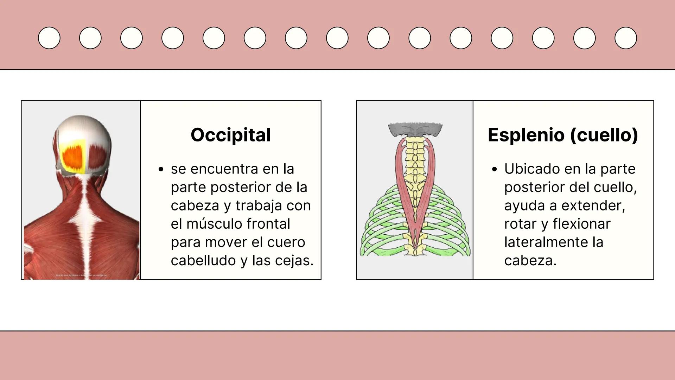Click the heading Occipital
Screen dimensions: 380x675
click(x=231, y=135)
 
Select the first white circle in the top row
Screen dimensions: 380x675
click(x=49, y=38)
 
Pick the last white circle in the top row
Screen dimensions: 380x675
click(x=625, y=38)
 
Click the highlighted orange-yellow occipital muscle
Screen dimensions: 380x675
click(x=73, y=156)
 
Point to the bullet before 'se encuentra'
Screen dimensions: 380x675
click(x=161, y=169)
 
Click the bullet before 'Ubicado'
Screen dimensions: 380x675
click(x=494, y=169)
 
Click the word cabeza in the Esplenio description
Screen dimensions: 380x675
click(x=530, y=261)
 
